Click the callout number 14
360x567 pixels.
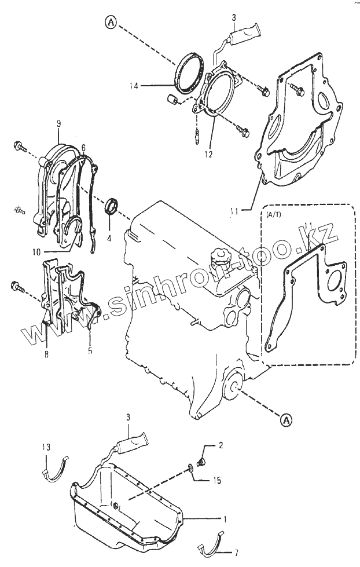tap(135, 85)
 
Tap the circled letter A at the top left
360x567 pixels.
tap(111, 23)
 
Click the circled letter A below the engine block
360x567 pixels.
tap(283, 419)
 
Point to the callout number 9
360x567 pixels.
tap(58, 123)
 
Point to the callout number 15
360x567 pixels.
tap(217, 480)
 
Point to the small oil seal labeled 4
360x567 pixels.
tap(112, 206)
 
